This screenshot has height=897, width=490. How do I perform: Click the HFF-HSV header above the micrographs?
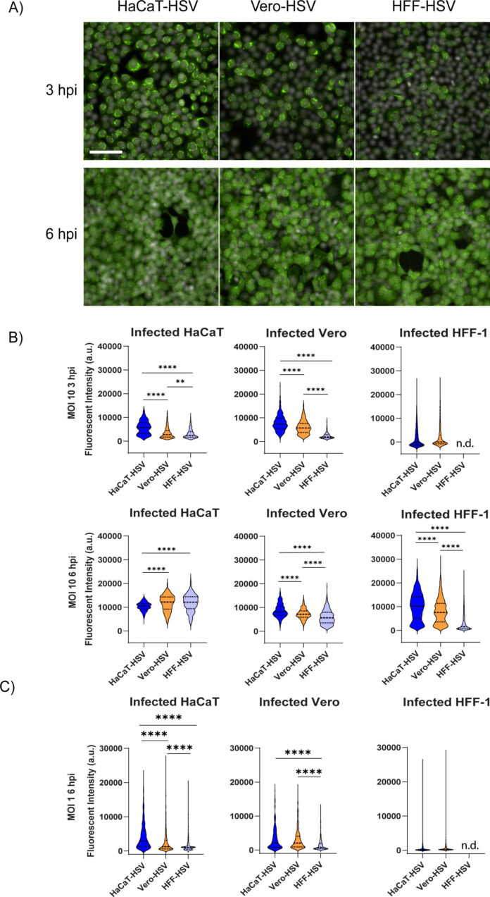click(x=421, y=9)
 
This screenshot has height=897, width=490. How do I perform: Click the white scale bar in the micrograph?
click(x=106, y=151)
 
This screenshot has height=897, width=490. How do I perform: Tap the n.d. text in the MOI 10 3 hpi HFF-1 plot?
click(x=454, y=445)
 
